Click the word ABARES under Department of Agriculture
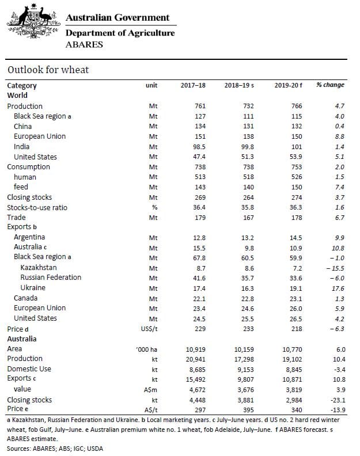[84, 44]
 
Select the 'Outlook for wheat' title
[48, 70]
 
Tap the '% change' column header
[330, 85]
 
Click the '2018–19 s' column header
[239, 85]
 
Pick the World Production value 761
[200, 106]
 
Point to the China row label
[22, 126]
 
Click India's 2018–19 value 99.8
[247, 147]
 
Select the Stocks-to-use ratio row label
[37, 207]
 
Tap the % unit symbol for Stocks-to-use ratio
[154, 207]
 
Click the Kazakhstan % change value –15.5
[335, 268]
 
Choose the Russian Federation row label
[51, 278]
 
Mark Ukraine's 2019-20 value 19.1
[295, 288]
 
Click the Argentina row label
[29, 237]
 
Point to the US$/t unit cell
[149, 329]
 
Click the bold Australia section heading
[22, 339]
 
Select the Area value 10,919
[196, 349]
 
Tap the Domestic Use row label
[29, 368]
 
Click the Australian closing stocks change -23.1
[338, 400]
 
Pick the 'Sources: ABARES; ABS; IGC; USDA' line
[55, 449]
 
